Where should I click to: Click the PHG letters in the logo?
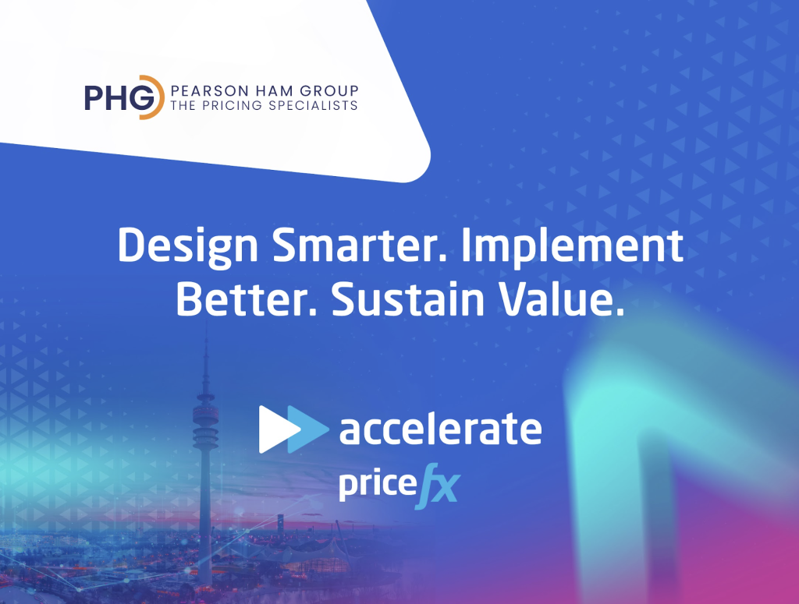pos(120,97)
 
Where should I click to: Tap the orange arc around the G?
pos(158,97)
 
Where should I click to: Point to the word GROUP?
pos(329,91)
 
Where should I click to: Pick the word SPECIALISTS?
pos(313,105)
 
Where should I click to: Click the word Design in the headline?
pos(188,246)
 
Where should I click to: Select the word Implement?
pos(572,246)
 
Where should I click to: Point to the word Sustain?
pos(408,298)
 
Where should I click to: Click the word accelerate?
pos(440,429)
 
